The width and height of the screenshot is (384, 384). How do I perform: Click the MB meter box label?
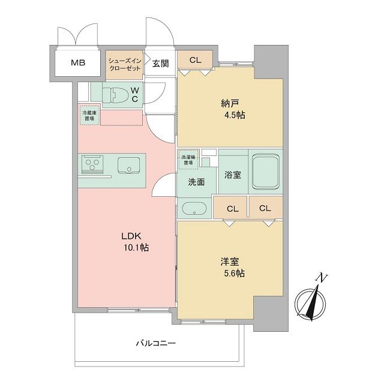78,62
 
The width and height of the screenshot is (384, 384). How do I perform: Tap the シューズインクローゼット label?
125,64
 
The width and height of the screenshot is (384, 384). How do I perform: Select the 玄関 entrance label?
160,63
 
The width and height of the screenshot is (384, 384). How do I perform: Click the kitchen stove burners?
93,164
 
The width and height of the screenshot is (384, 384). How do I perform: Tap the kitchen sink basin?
128,164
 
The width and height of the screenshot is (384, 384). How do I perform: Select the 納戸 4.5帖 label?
232,109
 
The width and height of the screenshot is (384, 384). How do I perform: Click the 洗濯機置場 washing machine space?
188,158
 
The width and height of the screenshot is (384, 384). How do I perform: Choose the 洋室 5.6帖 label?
232,268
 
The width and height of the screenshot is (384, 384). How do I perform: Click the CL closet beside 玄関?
195,59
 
